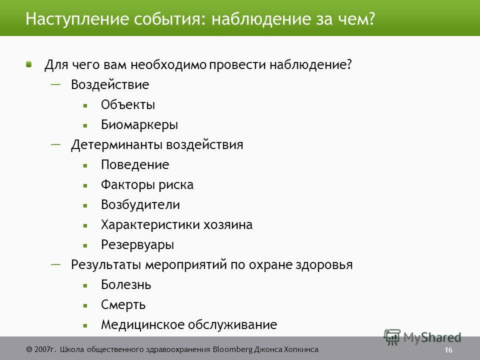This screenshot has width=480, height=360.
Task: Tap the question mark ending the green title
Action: pos(371,18)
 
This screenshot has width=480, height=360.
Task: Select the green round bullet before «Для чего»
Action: pos(29,64)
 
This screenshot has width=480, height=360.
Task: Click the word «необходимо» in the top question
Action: pos(168,65)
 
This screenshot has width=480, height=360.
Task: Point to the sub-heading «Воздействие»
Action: pos(110,85)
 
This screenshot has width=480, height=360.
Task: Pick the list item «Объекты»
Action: pos(128,104)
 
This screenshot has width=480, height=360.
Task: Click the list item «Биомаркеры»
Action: pos(139,125)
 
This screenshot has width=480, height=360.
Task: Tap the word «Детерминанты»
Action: pos(116,145)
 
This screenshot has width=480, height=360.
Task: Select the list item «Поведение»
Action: pos(135,164)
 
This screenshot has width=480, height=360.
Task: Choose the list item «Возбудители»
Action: pos(140,205)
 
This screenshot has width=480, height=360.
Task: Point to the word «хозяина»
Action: pos(228,224)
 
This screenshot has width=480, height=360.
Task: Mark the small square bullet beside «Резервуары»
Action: pos(85,245)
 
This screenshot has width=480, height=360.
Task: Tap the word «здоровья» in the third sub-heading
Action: pos(324,265)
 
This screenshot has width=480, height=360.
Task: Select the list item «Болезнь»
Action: pos(126,284)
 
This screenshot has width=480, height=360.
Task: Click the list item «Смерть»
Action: pos(123,305)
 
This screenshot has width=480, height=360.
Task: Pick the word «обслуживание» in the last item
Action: pos(232,324)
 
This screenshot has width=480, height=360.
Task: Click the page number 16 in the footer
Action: pos(448,350)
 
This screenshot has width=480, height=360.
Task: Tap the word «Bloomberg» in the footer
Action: pos(233,349)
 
